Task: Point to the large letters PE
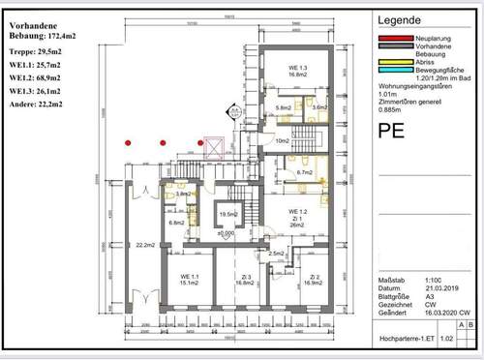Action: (x=390, y=131)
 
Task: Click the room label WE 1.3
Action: (x=297, y=67)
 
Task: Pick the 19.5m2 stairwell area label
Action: (x=228, y=214)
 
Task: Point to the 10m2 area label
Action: (x=283, y=141)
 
